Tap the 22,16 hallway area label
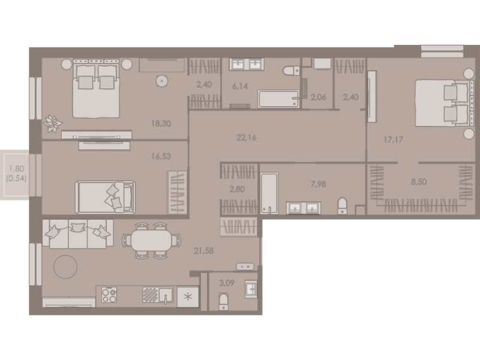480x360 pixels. pos(247,138)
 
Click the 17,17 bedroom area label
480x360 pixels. pos(394,140)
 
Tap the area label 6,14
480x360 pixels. pos(239,86)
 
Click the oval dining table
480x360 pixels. pos(151,241)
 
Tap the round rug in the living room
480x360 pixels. pos(65,266)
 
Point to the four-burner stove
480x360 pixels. pos(109,295)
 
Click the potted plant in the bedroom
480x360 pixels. pos(53,124)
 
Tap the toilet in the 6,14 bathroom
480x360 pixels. pos(292,71)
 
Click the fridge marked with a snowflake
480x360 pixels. pos(187,296)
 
